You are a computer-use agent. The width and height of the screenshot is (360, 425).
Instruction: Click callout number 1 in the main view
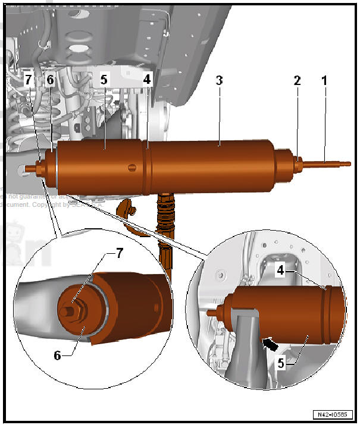point(325,80)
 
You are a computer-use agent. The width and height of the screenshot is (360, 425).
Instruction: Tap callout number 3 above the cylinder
point(219,80)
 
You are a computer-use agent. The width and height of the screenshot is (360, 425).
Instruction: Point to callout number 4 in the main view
point(146,80)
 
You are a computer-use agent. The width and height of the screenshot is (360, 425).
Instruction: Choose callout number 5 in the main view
point(105,80)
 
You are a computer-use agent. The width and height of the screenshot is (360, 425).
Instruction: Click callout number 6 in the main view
point(51,80)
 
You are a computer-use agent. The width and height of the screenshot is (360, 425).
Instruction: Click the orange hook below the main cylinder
point(126,210)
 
